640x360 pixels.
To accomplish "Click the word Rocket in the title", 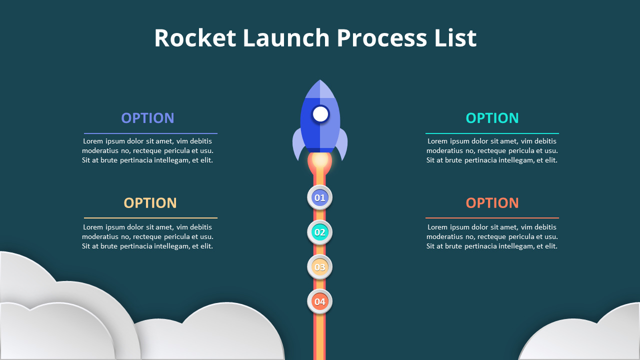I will coord(195,38).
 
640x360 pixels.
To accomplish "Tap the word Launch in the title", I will coord(286,38).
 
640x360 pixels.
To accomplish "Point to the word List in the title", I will coord(455,38).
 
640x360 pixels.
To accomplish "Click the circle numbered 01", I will coord(319,198).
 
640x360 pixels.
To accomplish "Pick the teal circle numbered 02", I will coord(319,232).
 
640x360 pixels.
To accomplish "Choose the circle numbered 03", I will coord(319,267).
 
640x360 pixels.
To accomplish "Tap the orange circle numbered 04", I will coord(319,301).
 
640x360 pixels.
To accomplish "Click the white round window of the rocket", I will coord(320,114).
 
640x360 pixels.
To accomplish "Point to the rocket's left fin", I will coord(298,145).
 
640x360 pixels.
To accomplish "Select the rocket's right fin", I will coord(342,145).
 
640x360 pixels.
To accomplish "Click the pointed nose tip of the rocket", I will coord(320,82).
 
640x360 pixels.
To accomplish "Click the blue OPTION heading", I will coord(147,118).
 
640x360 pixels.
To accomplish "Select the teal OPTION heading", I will coord(492,118).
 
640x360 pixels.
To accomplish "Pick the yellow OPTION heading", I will coord(150,203).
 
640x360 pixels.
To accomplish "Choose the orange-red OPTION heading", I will coord(492,203).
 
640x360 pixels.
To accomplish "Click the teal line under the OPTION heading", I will coord(492,133).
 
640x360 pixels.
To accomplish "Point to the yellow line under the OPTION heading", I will coord(150,218).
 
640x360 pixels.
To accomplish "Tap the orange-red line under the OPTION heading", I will coord(492,218).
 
